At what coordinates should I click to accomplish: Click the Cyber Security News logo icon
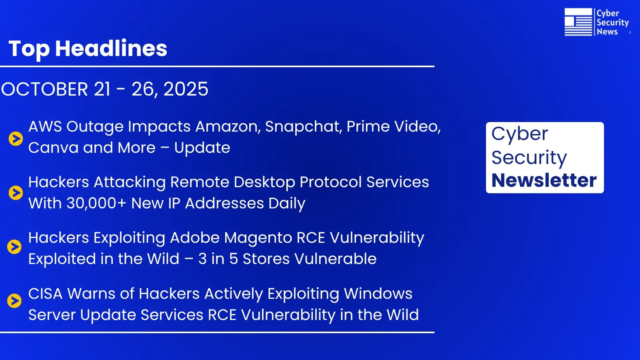pyautogui.click(x=578, y=22)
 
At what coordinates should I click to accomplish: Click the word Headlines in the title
pyautogui.click(x=111, y=48)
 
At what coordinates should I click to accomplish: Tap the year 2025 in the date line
pyautogui.click(x=186, y=89)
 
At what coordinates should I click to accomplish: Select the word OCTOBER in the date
pyautogui.click(x=44, y=89)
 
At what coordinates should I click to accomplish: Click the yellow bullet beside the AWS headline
pyautogui.click(x=16, y=138)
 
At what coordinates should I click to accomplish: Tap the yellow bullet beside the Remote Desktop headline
pyautogui.click(x=16, y=193)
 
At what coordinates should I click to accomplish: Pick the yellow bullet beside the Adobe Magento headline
pyautogui.click(x=14, y=247)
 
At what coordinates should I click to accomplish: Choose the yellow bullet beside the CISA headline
pyautogui.click(x=14, y=300)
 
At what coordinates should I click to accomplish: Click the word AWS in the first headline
pyautogui.click(x=45, y=126)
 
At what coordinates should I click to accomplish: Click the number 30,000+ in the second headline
pyautogui.click(x=96, y=203)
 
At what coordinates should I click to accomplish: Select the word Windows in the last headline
pyautogui.click(x=378, y=294)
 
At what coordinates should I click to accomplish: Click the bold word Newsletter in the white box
pyautogui.click(x=544, y=180)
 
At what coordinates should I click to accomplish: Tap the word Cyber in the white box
pyautogui.click(x=519, y=134)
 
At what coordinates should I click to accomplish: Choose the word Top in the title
pyautogui.click(x=29, y=48)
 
